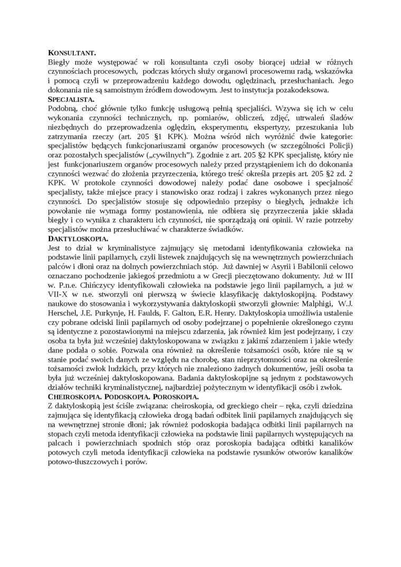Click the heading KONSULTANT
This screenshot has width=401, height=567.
click(x=72, y=53)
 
